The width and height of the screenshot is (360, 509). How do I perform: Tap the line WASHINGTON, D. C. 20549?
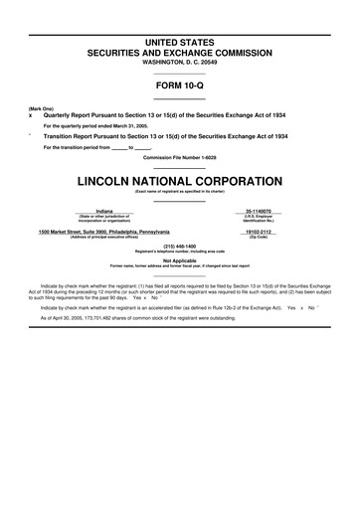click(x=180, y=63)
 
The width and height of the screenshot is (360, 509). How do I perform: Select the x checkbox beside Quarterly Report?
click(x=31, y=113)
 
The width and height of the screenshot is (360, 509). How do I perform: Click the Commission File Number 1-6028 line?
click(x=180, y=157)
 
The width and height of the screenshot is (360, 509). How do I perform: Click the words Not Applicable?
click(x=180, y=260)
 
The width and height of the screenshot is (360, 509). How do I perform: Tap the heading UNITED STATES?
click(x=180, y=39)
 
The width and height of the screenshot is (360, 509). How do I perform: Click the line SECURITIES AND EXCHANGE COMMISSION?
click(x=180, y=51)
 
